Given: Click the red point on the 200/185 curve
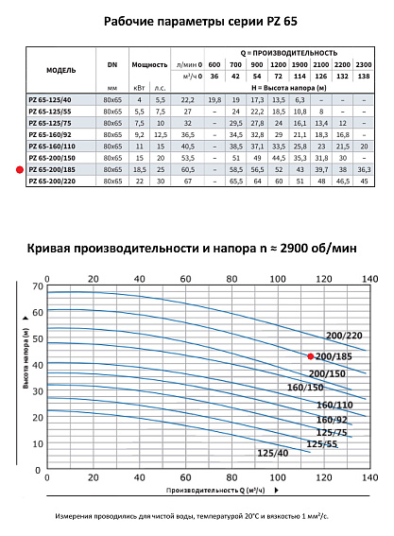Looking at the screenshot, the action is (310, 356).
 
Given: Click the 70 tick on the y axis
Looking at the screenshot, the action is (37, 285).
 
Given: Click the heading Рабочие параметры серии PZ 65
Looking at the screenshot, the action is (197, 17).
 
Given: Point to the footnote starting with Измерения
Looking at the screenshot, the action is (197, 517).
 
